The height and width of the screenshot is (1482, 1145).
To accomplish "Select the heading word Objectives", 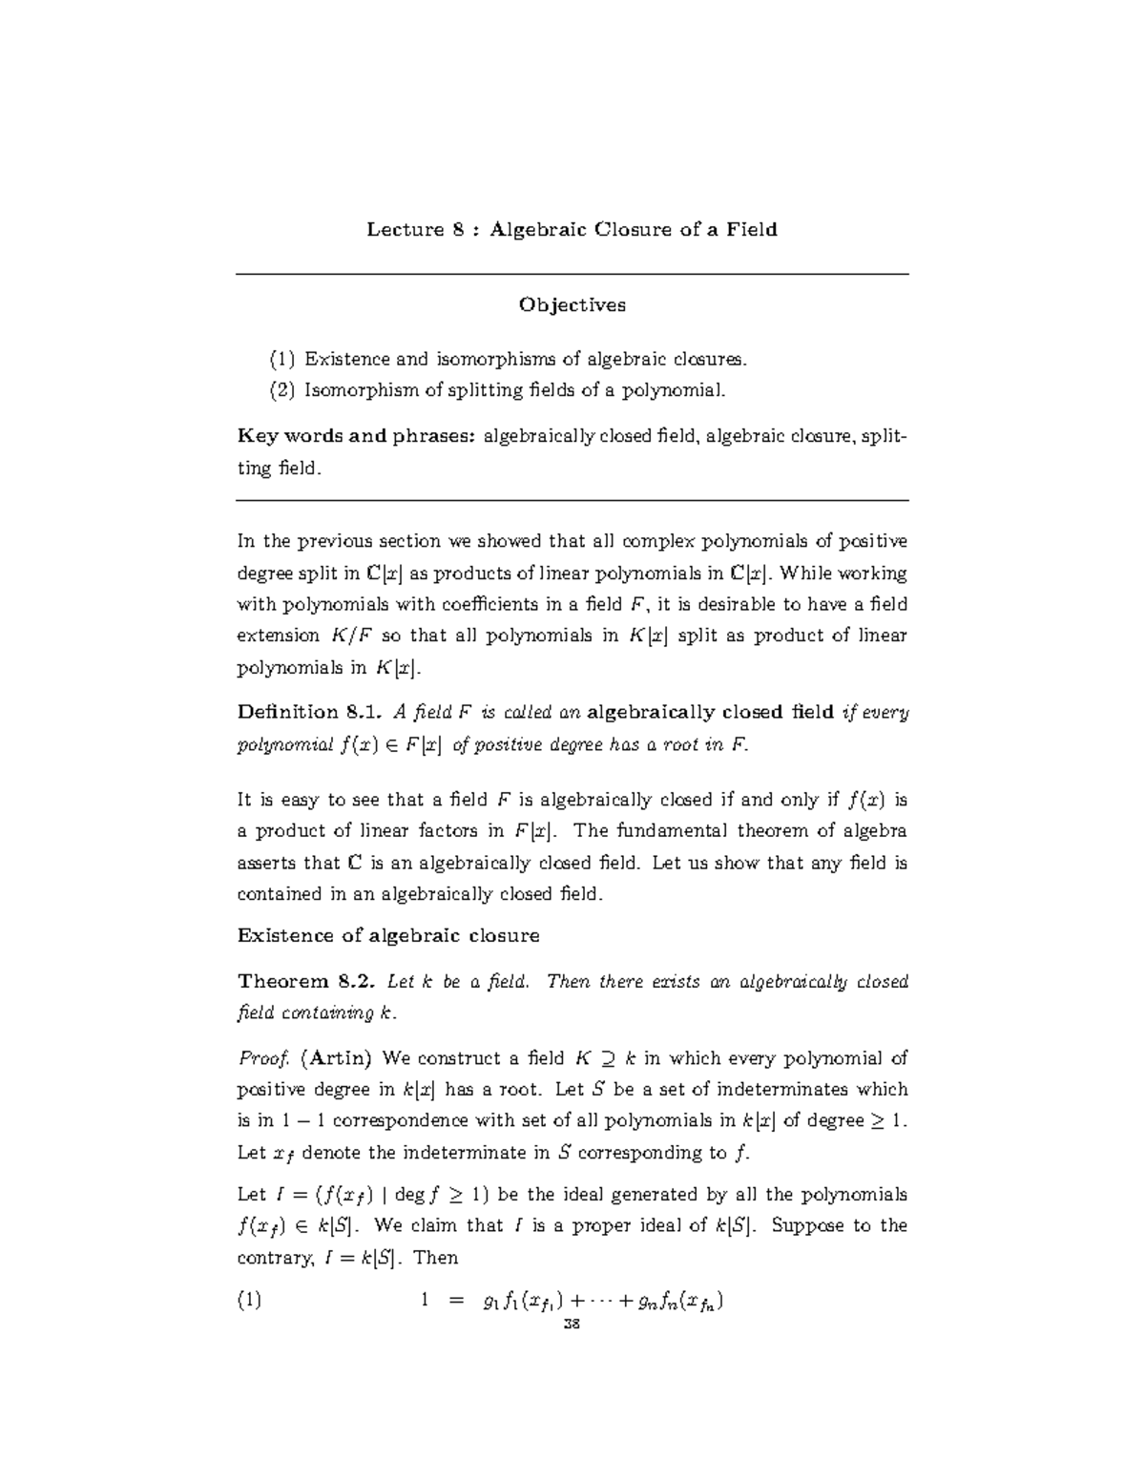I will pyautogui.click(x=572, y=305).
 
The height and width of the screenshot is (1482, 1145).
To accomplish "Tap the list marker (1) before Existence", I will pyautogui.click(x=282, y=360).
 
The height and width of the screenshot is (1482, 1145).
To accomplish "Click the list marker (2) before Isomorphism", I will pyautogui.click(x=282, y=390).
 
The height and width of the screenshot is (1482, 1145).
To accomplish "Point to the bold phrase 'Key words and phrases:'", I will pyautogui.click(x=356, y=437).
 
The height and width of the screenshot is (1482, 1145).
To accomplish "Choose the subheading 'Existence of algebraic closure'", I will pyautogui.click(x=387, y=935).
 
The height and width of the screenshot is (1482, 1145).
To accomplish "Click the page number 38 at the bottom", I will pyautogui.click(x=572, y=1325).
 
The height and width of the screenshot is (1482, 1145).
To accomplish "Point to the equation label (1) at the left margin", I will pyautogui.click(x=249, y=1301).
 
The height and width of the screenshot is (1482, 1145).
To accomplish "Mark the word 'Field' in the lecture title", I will pyautogui.click(x=750, y=229).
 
